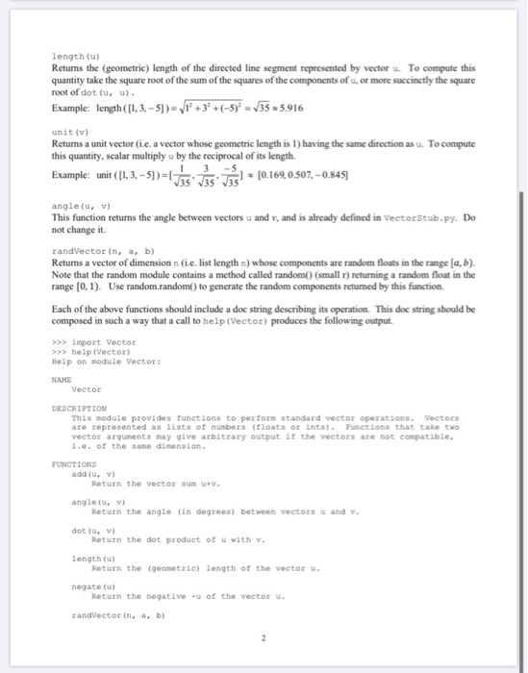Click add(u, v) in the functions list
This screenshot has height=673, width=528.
point(94,473)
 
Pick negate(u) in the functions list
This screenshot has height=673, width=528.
point(93,584)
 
